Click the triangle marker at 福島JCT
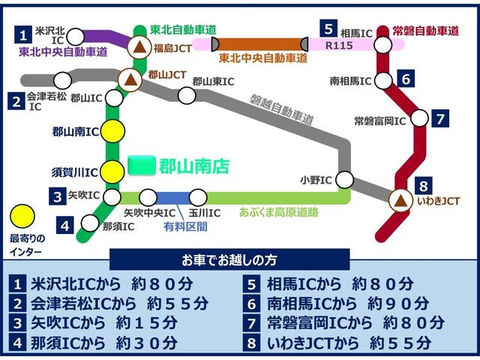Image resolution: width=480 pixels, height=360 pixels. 139,49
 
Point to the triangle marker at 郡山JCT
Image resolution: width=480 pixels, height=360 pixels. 130,79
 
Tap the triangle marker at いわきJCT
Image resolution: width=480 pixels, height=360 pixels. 400,199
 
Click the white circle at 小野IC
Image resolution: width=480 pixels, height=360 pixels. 344,179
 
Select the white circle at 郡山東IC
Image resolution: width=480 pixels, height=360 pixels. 188,95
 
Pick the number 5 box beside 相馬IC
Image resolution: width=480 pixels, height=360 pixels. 328,28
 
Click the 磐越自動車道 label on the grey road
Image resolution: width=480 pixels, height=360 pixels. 281,109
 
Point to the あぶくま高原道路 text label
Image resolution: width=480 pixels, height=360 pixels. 278,212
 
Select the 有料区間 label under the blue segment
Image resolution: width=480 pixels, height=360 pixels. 185,226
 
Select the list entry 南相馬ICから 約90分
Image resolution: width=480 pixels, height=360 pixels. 345,304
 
